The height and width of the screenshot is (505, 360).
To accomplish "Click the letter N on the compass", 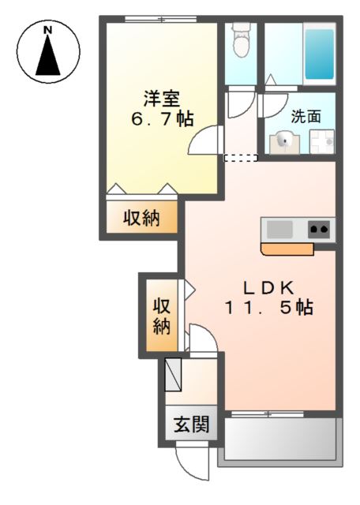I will pos(48,30).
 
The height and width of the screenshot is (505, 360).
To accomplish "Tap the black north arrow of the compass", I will pos(48,57).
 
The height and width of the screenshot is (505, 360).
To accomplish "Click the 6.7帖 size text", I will pos(161,119).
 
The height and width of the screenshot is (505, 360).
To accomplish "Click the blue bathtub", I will pos(319,53).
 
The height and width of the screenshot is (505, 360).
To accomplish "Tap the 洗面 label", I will pos(306,116).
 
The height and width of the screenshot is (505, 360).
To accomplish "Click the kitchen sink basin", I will pos(279,230).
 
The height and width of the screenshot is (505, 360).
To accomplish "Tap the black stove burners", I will pos(319,230).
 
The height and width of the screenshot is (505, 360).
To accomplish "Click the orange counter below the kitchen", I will pos(287,249).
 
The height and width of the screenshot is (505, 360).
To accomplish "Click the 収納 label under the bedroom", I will pos(142,218).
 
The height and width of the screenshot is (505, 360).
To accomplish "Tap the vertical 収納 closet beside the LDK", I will pos(161,314).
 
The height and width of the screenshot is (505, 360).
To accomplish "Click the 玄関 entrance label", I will pos(191,425).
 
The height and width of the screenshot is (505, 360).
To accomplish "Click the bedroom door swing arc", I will pos(202,140).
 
